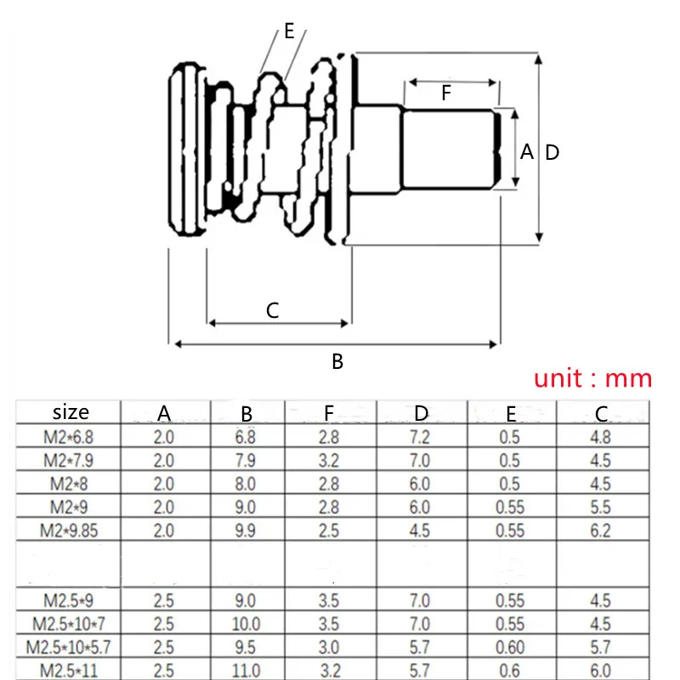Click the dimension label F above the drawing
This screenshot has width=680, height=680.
pyautogui.click(x=446, y=93)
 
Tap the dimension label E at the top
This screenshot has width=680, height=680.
pyautogui.click(x=289, y=31)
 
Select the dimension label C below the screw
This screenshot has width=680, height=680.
pyautogui.click(x=272, y=310)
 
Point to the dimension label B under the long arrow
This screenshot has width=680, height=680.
pyautogui.click(x=337, y=362)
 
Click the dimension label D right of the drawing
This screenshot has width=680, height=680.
pyautogui.click(x=552, y=153)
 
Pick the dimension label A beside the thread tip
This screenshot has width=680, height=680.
pyautogui.click(x=527, y=152)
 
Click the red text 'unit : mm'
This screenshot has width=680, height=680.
pyautogui.click(x=592, y=378)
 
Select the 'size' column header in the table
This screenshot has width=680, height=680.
pyautogui.click(x=71, y=413)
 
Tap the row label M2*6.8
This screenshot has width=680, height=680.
pyautogui.click(x=71, y=439)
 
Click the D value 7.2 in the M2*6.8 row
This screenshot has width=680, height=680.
pyautogui.click(x=422, y=439)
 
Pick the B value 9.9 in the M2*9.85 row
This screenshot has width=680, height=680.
pyautogui.click(x=246, y=530)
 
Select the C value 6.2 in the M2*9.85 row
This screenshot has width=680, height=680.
pyautogui.click(x=599, y=530)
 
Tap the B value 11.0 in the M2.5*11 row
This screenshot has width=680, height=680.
pyautogui.click(x=246, y=671)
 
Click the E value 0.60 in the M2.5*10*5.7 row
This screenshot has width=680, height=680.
pyautogui.click(x=510, y=647)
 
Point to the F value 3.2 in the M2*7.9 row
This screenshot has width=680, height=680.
pyautogui.click(x=329, y=462)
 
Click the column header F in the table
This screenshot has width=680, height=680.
pyautogui.click(x=329, y=414)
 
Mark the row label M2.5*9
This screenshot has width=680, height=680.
pyautogui.click(x=71, y=600)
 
